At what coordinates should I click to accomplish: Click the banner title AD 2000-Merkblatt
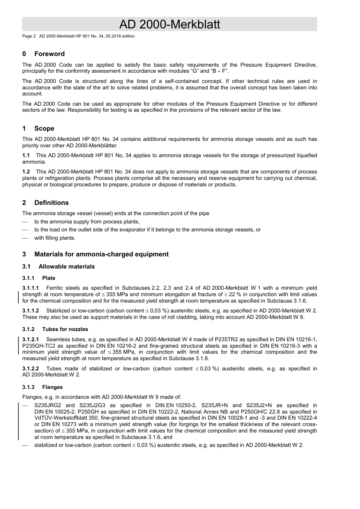click(x=169, y=25)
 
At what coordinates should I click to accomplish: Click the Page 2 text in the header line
click(x=29, y=36)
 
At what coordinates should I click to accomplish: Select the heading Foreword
click(x=49, y=54)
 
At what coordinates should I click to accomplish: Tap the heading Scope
click(x=44, y=128)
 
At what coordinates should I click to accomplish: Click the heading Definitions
click(x=51, y=203)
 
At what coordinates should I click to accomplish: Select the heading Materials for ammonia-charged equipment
click(x=101, y=254)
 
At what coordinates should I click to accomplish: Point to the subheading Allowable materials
click(x=66, y=267)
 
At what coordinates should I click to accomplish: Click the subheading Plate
click(x=49, y=278)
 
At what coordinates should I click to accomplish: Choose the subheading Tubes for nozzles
click(x=65, y=329)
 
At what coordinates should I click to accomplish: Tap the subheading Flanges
click(x=52, y=387)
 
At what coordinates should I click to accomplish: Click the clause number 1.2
click(x=26, y=172)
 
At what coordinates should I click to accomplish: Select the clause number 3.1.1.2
click(x=30, y=311)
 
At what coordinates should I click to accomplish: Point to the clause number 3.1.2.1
click(x=30, y=339)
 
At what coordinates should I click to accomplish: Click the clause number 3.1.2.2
click(x=30, y=368)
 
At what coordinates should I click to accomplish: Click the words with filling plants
click(x=55, y=238)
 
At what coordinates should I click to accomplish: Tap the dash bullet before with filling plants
click(x=25, y=238)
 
